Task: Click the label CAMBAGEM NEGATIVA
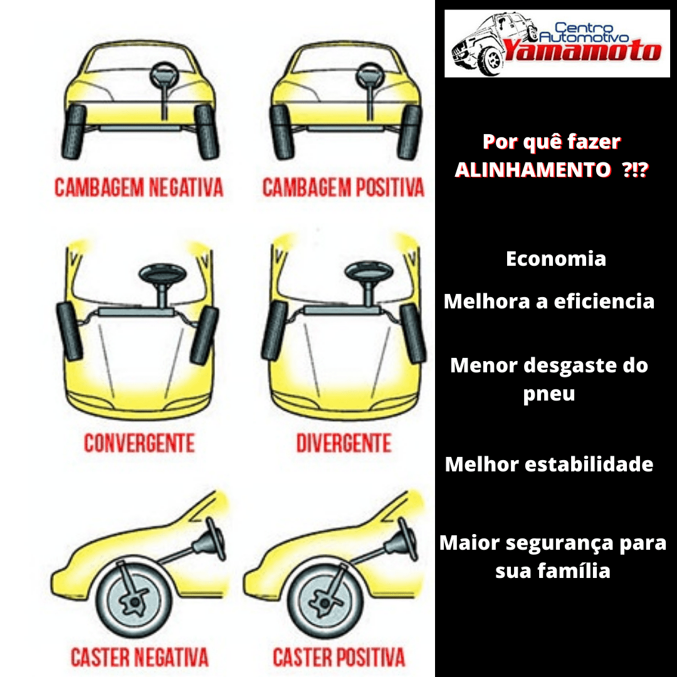point(139,187)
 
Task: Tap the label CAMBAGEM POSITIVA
point(344,187)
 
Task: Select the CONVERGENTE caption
point(139,443)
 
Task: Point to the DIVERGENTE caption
point(344,443)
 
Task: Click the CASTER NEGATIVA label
point(139,657)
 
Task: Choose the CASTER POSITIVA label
point(339,657)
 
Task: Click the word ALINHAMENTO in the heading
point(533,170)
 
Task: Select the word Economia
point(556,259)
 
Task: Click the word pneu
point(549,394)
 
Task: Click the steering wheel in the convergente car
point(162,274)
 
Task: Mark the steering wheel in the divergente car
point(369,273)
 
